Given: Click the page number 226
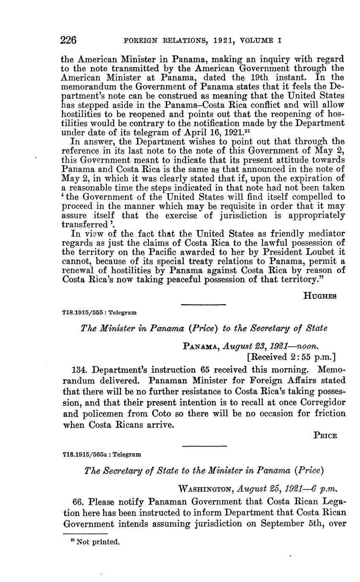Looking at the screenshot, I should click(x=68, y=41).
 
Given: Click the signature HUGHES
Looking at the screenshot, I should click(x=320, y=296).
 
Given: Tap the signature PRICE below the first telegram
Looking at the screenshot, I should click(x=325, y=436).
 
